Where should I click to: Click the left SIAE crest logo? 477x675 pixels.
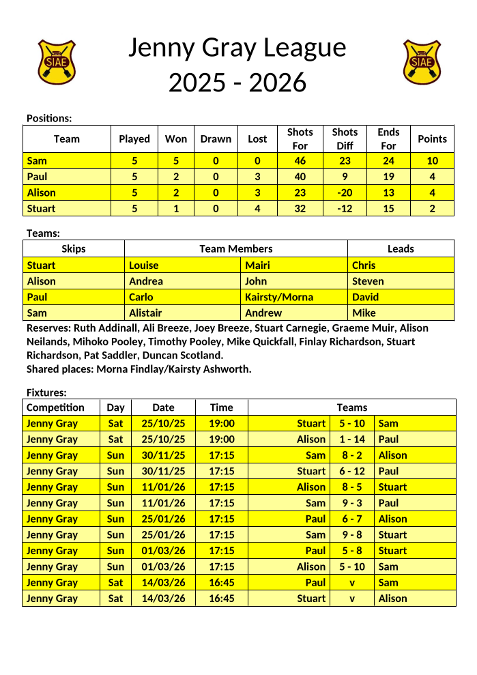click(57, 61)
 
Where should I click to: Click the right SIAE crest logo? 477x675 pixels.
click(422, 61)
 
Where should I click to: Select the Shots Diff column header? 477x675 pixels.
click(345, 139)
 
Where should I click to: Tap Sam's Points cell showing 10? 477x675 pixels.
click(432, 161)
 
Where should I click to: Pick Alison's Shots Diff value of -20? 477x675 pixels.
click(345, 192)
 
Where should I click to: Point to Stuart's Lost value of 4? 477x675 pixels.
click(257, 208)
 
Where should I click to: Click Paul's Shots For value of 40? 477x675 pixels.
click(300, 177)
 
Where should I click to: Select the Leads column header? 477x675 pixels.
click(401, 249)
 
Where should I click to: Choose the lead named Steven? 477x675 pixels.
click(368, 281)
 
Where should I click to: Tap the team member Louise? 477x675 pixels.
click(143, 265)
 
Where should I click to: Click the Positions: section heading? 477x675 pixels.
click(49, 118)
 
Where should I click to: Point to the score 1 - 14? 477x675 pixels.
click(352, 440)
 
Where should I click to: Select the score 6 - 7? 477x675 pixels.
click(352, 519)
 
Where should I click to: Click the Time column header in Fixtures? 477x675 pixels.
click(221, 407)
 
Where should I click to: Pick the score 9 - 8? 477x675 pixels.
click(352, 535)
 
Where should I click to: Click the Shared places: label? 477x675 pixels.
click(60, 369)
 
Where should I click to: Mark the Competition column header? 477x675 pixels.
click(55, 407)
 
